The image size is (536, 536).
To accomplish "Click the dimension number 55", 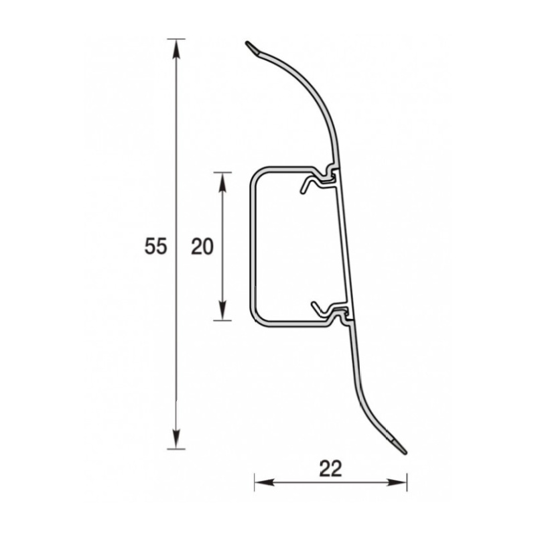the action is click(155, 247).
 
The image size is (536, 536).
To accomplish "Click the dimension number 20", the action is click(202, 247).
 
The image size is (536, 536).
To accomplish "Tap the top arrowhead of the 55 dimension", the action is click(176, 49).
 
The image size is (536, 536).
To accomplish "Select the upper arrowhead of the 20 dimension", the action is click(222, 182).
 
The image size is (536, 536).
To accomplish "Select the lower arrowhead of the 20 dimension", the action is click(222, 310).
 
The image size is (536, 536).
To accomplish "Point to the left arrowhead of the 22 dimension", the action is click(265, 482).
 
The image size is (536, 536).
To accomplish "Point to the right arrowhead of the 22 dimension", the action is click(397, 482).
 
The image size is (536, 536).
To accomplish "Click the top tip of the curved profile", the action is click(247, 43).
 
